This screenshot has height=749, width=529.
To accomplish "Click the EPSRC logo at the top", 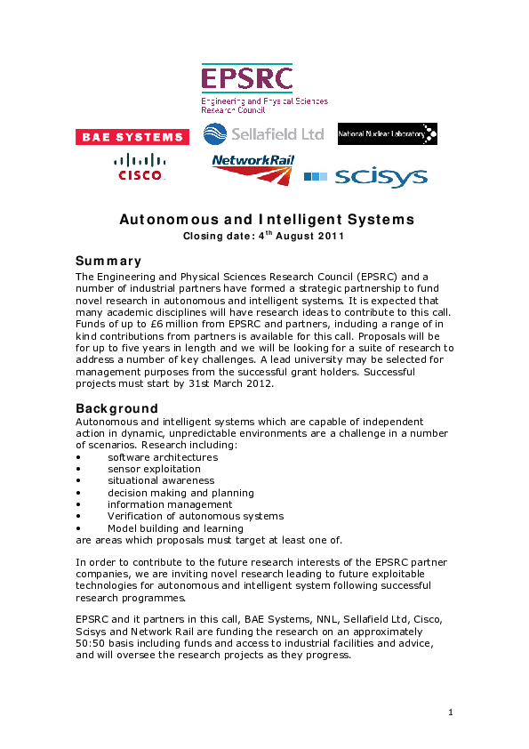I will [x=263, y=88].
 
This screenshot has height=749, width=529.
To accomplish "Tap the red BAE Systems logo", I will [x=132, y=137].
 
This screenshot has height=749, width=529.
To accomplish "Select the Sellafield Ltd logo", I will [x=263, y=134].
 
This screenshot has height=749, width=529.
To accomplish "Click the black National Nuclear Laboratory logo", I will [x=387, y=134].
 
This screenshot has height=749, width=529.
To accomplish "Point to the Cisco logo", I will [x=140, y=167].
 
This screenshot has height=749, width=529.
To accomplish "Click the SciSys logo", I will [x=365, y=177].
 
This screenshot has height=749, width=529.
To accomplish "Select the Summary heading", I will [x=108, y=261].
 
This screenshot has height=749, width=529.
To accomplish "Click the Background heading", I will [x=116, y=408].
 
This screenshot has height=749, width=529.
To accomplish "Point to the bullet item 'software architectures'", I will [x=163, y=457].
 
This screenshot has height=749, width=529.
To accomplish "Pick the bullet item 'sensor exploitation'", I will [x=154, y=469].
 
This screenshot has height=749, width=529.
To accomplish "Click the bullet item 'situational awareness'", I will [x=161, y=480].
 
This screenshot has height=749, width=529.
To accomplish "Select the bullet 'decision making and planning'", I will [x=180, y=493].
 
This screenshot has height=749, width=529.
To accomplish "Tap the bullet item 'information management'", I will [x=170, y=504].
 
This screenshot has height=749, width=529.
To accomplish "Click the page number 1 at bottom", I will [x=451, y=712].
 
